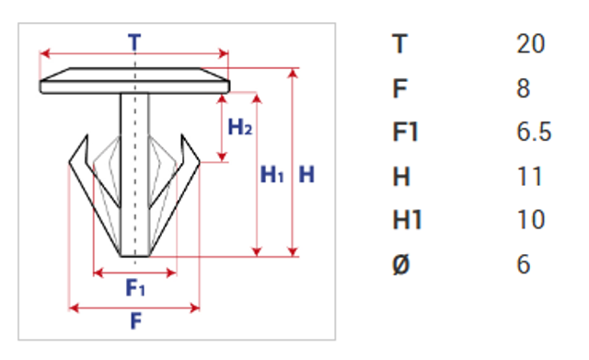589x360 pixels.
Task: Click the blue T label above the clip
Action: [134, 42]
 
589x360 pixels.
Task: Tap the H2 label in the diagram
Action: [240, 127]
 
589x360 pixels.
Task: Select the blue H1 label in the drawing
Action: [272, 174]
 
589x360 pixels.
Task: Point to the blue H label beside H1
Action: [306, 174]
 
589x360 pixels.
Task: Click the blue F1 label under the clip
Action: [135, 287]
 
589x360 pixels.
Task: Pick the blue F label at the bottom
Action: [136, 321]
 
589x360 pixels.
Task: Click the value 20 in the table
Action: [530, 44]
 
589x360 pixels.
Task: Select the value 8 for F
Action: [524, 88]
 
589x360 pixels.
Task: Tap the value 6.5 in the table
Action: [534, 132]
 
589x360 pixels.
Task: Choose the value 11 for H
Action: [530, 176]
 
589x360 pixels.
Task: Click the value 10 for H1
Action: [531, 219]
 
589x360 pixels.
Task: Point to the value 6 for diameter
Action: [524, 264]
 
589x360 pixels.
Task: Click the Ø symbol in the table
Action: [401, 264]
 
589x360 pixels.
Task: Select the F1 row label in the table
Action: [405, 132]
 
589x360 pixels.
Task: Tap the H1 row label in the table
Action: [407, 219]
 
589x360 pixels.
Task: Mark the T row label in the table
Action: [400, 44]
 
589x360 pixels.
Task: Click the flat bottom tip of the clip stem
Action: [135, 256]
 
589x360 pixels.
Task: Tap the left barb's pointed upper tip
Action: [87, 135]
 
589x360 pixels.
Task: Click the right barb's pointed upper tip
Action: [182, 135]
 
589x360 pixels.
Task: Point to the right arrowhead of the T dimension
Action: [224, 53]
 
